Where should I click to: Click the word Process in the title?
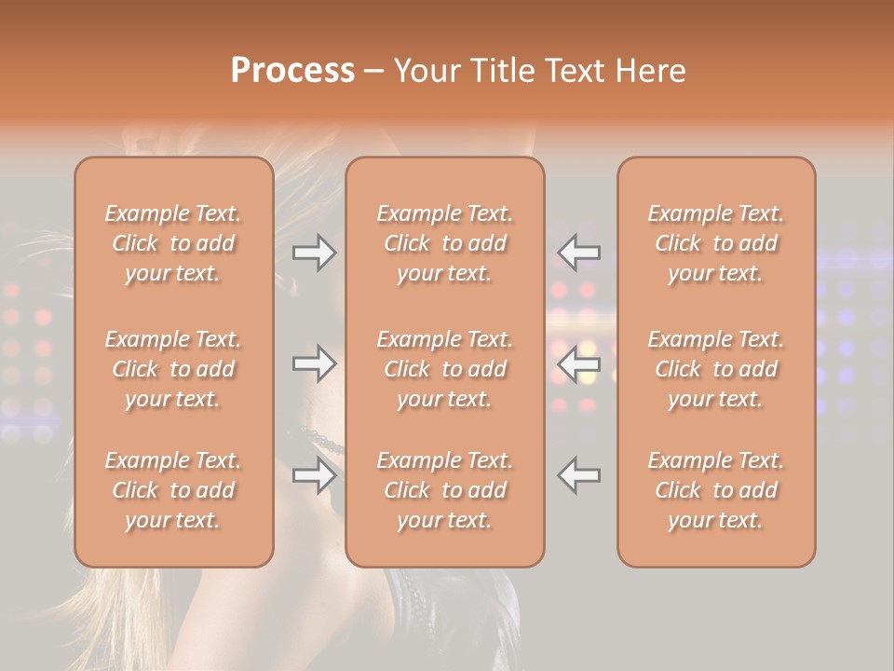tap(292, 71)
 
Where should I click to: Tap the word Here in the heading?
tap(650, 71)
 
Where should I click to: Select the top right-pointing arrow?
tap(315, 253)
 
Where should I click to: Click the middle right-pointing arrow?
tap(315, 363)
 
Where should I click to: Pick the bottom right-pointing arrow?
tap(315, 475)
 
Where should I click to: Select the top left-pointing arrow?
tap(579, 253)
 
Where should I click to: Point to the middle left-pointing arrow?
tap(579, 363)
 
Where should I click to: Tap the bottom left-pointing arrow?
tap(579, 475)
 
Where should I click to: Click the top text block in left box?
tap(173, 243)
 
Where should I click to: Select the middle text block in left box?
tap(173, 369)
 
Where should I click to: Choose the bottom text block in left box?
tap(173, 490)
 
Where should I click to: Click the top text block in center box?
tap(445, 243)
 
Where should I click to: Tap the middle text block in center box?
tap(445, 369)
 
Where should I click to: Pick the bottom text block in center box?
tap(445, 490)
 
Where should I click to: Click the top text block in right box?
tap(716, 243)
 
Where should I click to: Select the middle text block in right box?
tap(716, 369)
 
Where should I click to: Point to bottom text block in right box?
tap(716, 490)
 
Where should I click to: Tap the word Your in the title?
tap(425, 71)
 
